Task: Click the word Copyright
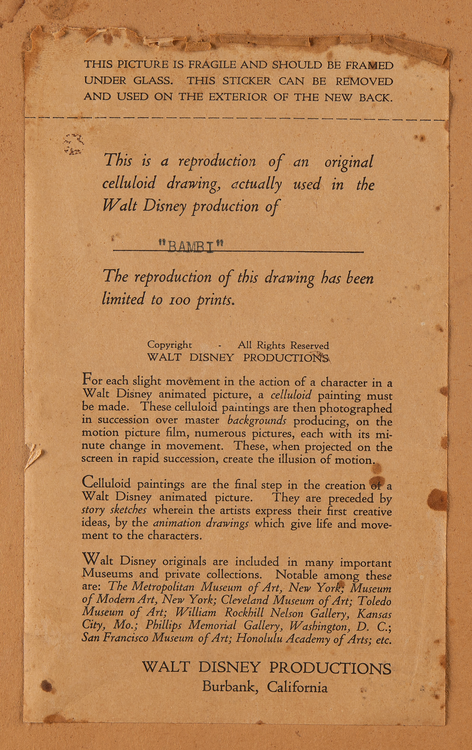169,345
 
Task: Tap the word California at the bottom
297,687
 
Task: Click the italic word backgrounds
257,420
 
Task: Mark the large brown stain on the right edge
437,500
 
